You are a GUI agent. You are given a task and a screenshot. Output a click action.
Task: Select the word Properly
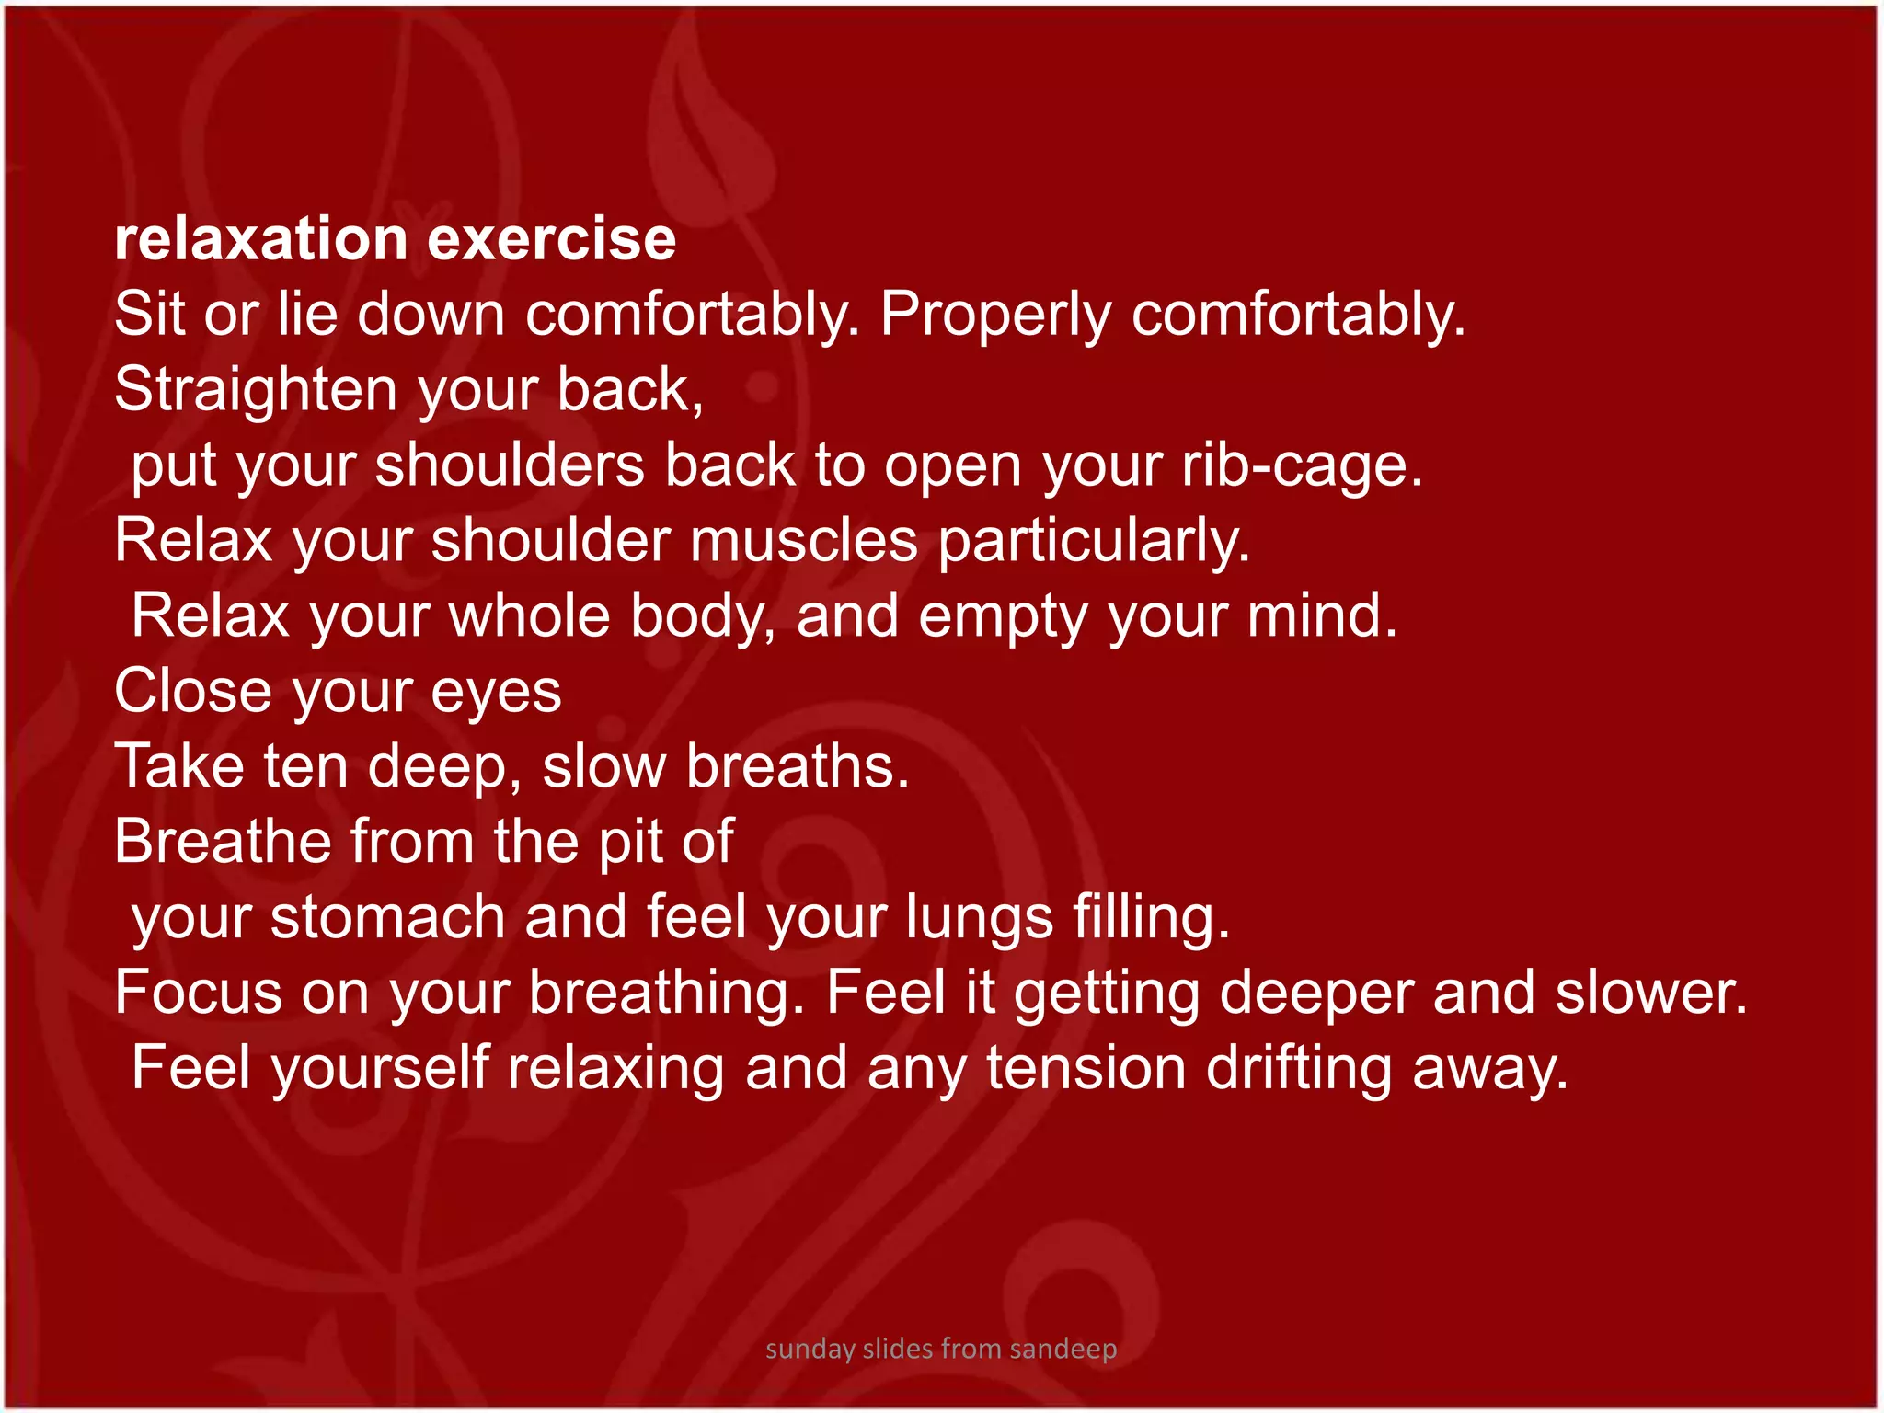995,316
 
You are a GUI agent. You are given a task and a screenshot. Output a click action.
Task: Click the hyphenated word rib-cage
1303,466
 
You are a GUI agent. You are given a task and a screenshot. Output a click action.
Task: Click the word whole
530,616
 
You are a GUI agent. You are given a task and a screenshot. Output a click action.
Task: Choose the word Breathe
223,842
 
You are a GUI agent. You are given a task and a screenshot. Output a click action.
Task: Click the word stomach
387,919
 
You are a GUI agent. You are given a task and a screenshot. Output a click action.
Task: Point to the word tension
1086,1069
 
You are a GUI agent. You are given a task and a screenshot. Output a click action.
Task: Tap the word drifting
1299,1069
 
